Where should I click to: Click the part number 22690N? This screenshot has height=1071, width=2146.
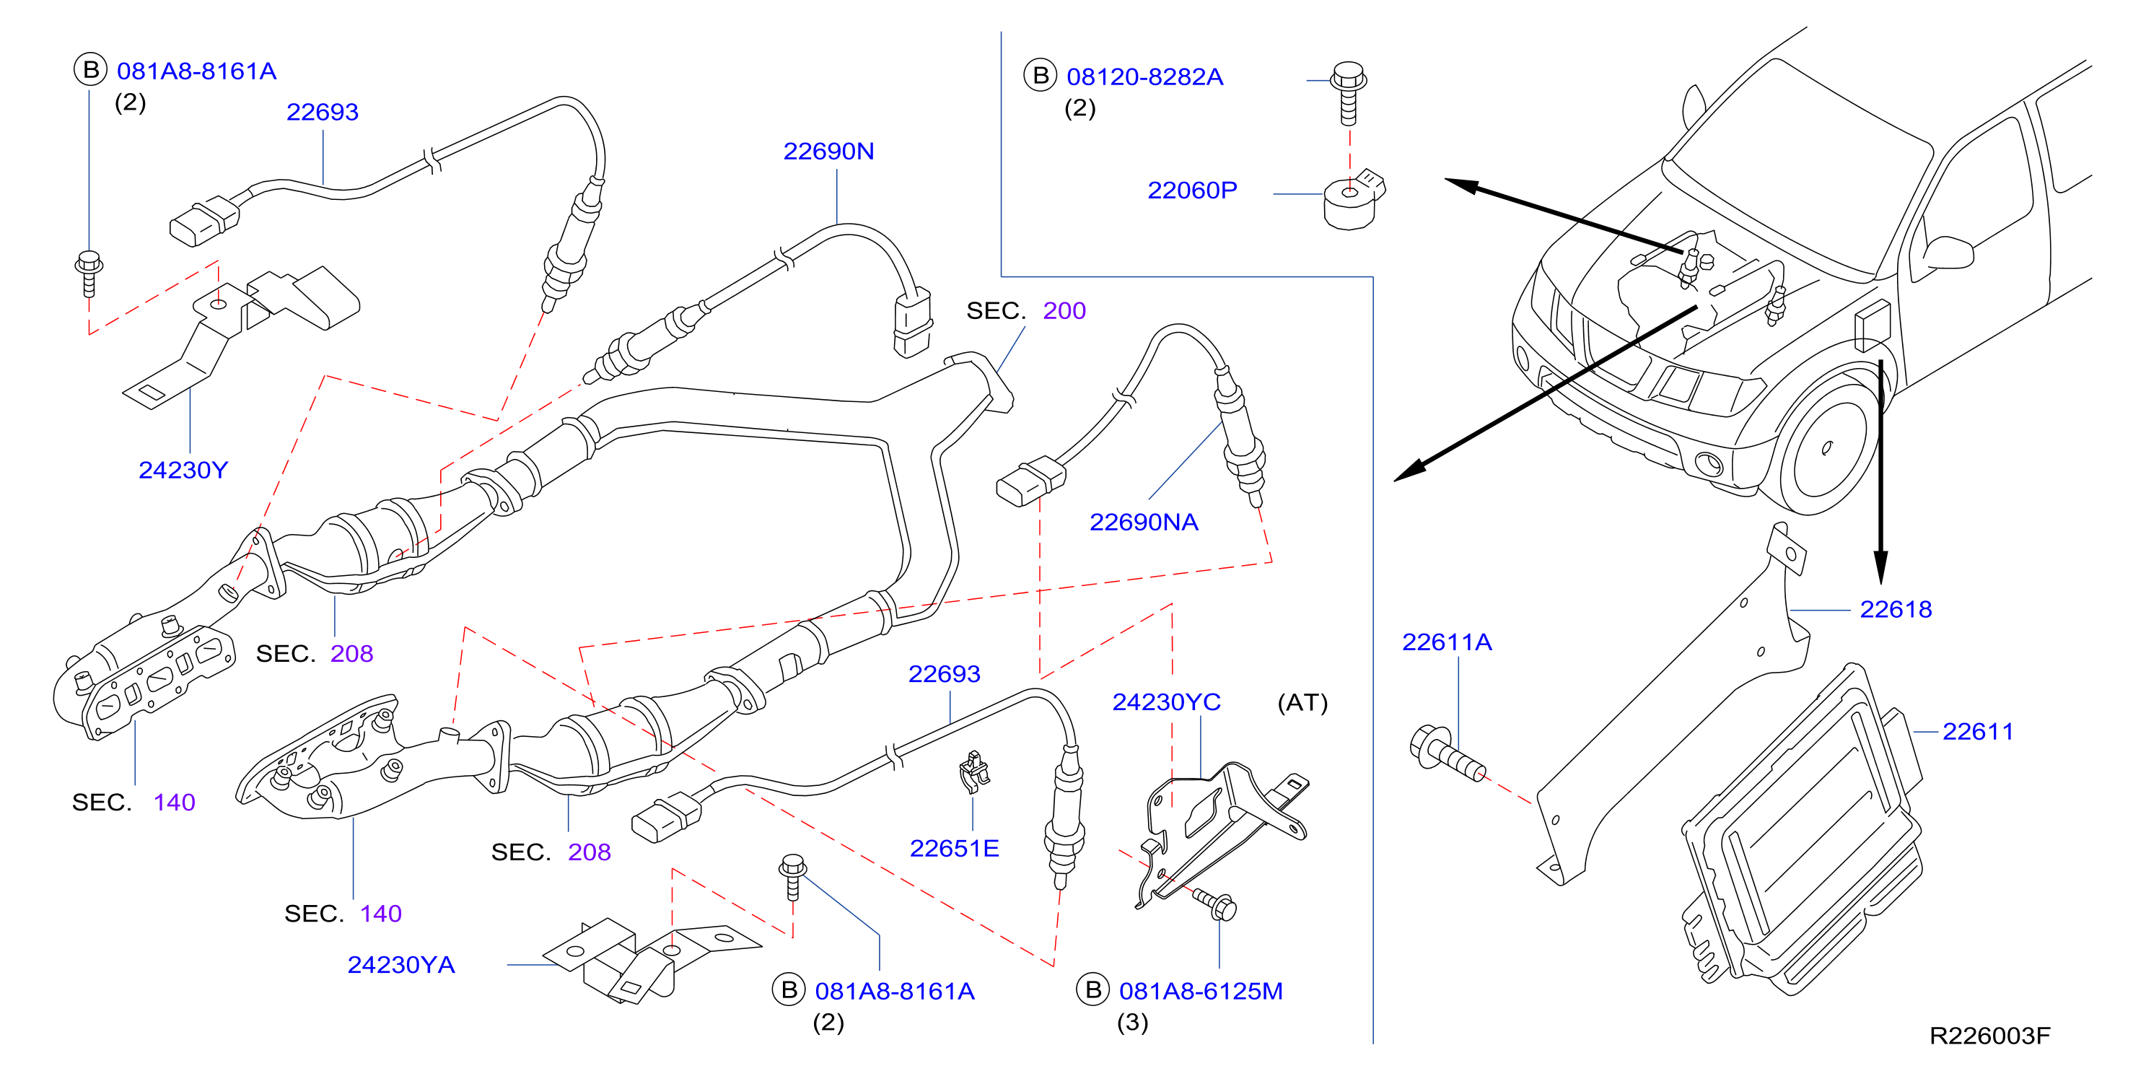828,151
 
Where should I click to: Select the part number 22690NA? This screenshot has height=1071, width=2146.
1144,522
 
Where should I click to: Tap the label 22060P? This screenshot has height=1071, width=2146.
1192,190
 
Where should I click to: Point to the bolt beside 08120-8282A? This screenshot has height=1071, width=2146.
1349,92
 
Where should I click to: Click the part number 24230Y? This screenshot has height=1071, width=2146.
183,470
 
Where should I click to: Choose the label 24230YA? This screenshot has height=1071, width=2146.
400,964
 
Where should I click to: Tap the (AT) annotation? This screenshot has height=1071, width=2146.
1302,703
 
